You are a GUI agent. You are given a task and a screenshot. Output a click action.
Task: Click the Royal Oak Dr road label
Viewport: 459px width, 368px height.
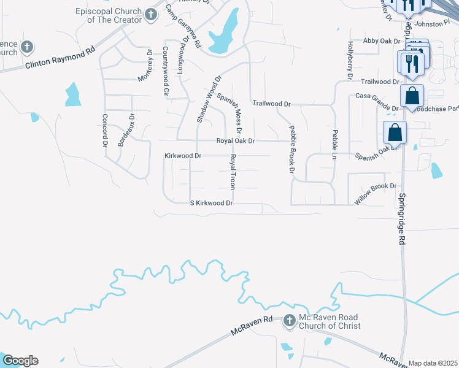[235, 141]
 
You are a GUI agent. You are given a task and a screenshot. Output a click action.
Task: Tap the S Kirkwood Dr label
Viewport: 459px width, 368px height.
[211, 202]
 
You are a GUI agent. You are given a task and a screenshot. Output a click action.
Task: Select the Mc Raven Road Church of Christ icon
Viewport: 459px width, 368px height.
[290, 320]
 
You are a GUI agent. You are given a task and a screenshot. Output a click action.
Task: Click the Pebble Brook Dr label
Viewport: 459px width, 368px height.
[291, 148]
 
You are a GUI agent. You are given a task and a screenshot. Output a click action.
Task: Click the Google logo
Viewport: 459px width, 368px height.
[20, 361]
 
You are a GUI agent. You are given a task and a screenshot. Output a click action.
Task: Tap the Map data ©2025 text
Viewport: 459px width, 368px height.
[432, 363]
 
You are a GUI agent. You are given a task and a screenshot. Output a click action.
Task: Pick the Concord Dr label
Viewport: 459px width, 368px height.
[105, 129]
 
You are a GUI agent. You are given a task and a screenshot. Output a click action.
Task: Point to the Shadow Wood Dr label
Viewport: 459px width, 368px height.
[208, 99]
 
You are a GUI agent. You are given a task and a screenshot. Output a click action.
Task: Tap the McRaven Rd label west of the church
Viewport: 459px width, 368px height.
[252, 325]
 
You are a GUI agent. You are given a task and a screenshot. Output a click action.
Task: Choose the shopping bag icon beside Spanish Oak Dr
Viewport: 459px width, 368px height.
[396, 132]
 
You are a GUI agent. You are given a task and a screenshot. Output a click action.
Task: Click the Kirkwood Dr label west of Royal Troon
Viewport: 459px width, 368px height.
[183, 156]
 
